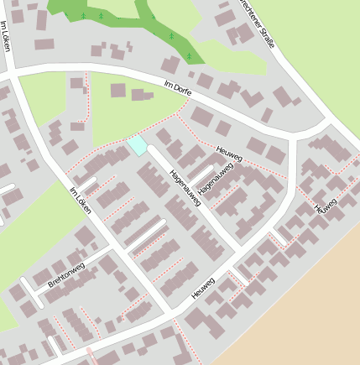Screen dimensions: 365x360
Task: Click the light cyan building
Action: [137, 145]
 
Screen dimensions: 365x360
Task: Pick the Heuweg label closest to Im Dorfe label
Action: [229, 154]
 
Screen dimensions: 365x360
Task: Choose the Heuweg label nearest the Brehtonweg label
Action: [204, 288]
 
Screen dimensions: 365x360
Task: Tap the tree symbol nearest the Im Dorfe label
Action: [190, 57]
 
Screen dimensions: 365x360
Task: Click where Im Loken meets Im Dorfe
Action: [14, 75]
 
